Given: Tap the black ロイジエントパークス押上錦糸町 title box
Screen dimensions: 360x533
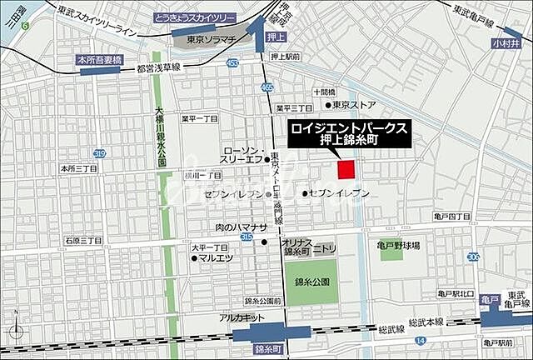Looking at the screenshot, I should [349, 134].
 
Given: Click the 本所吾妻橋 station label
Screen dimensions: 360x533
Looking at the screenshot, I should [99, 60].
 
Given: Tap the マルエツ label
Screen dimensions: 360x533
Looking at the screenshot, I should [214, 258].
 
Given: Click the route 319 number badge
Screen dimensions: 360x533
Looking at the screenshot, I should [100, 153].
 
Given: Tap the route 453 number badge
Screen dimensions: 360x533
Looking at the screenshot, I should [232, 63].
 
